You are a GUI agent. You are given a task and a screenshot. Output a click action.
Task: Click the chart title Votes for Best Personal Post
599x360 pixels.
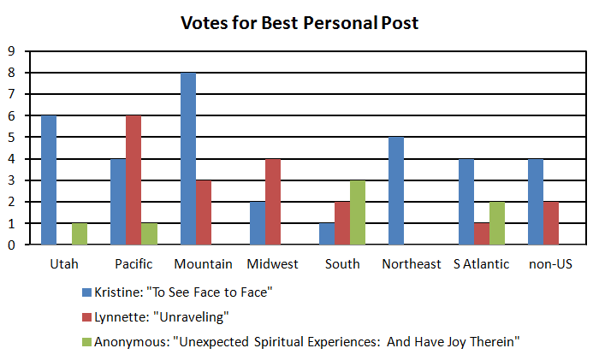coord(299,23)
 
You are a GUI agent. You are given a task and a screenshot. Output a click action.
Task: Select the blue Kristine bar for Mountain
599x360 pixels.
coord(188,159)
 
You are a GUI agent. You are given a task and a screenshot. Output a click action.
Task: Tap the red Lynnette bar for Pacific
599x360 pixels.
coord(134,180)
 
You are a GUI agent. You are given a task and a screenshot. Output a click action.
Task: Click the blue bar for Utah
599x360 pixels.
coord(49,180)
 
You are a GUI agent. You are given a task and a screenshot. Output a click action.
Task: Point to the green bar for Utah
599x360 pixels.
coord(80,234)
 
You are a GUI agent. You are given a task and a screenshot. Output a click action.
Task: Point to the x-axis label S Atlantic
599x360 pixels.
coord(482,263)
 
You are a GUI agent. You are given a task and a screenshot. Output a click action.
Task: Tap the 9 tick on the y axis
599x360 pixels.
coord(11,50)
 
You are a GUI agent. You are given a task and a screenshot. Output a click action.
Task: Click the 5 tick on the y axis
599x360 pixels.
coord(11,137)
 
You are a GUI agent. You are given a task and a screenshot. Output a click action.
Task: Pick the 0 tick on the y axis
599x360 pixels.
coord(11,245)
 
